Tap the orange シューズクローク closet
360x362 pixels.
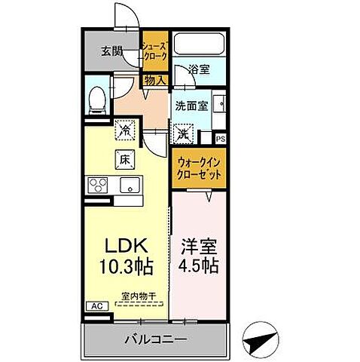(x=154, y=51)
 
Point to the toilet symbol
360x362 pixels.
(x=96, y=99)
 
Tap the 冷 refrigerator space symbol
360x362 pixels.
(x=124, y=131)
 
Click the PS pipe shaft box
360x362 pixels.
(x=221, y=138)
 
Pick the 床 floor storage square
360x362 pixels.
(x=124, y=159)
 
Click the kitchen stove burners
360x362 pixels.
(x=98, y=186)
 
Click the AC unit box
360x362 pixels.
(x=96, y=306)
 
